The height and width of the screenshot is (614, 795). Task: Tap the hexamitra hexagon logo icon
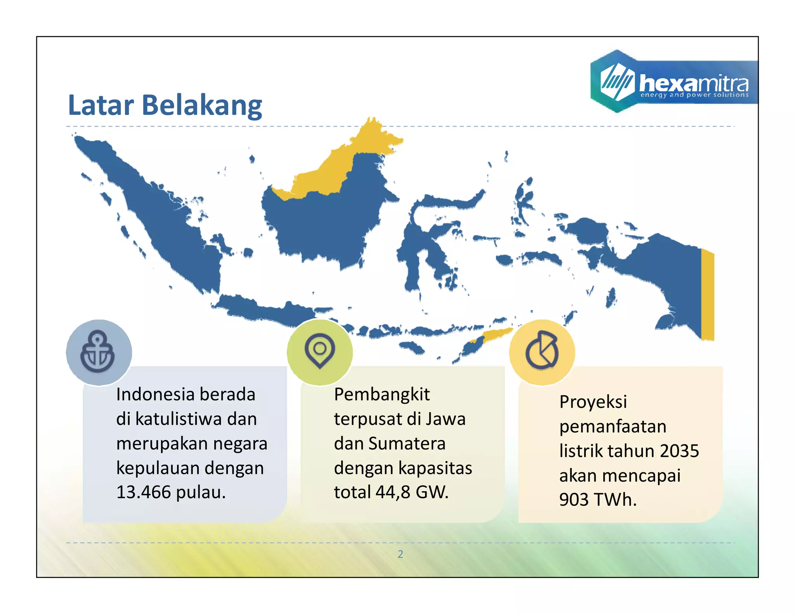coord(617,81)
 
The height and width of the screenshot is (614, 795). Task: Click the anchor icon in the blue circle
coord(97,352)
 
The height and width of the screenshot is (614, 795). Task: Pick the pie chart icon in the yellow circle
coord(542,350)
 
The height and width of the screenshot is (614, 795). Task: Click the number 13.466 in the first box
coord(144,492)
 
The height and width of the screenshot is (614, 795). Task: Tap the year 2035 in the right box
coord(679,451)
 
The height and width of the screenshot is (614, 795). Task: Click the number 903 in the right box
coord(574,500)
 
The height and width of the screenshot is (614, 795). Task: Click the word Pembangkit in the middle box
coord(382,395)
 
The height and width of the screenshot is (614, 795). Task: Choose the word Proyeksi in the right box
coord(593,402)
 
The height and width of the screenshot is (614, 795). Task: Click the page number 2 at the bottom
coord(400,554)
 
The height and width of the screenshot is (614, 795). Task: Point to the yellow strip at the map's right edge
coord(707,295)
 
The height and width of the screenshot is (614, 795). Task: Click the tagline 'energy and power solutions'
coord(694,95)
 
